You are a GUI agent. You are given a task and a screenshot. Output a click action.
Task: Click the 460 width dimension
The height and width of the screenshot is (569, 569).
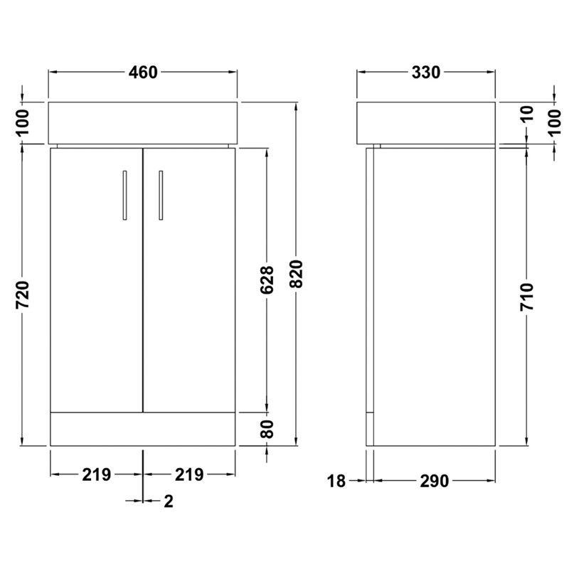point(142,73)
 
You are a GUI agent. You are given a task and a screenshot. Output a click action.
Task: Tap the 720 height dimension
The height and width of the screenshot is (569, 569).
point(23,296)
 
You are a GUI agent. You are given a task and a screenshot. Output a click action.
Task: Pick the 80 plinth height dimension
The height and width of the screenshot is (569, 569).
point(267,429)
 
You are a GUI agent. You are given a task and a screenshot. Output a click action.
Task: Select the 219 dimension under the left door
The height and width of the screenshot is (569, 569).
point(97,474)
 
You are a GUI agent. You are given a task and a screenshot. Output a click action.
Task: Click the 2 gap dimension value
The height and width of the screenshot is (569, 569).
point(169,501)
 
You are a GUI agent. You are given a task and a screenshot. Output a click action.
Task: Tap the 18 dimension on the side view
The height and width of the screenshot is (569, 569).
point(337,482)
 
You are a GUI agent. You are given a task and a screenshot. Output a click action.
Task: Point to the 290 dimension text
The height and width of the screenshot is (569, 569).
point(434,482)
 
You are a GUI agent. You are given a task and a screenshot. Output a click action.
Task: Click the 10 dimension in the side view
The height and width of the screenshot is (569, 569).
point(527,115)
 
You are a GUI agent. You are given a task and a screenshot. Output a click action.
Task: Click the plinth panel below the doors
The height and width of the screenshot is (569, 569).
point(143,429)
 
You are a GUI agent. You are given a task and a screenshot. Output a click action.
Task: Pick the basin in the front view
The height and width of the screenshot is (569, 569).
point(143,122)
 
